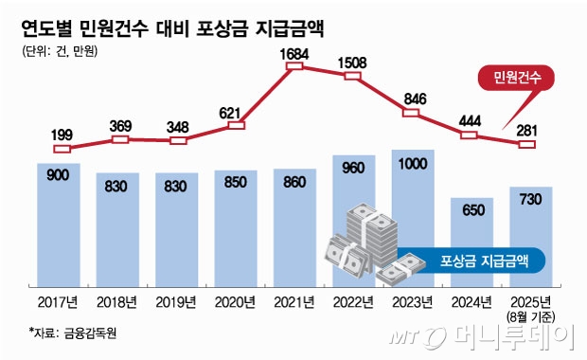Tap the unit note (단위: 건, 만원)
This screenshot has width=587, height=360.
click(60, 52)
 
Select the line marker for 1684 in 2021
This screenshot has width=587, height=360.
click(294, 66)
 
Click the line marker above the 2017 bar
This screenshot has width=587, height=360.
click(62, 148)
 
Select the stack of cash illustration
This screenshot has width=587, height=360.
click(369, 242)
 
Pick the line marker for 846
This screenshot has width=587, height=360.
click(412, 113)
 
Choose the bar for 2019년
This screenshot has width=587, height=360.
click(177, 227)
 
